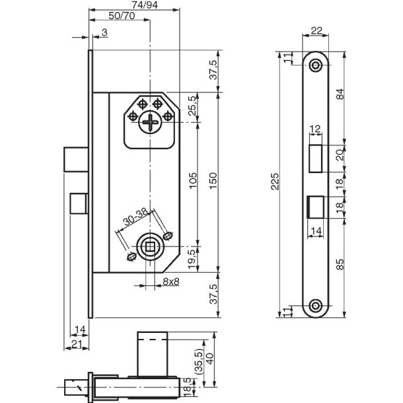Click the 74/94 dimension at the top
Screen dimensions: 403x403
coord(135,6)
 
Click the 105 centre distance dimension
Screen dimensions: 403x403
coord(193,182)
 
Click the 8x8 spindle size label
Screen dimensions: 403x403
coord(171,281)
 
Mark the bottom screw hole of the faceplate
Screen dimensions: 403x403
coord(316,305)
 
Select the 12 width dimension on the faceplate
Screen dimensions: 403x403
coord(315,129)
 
